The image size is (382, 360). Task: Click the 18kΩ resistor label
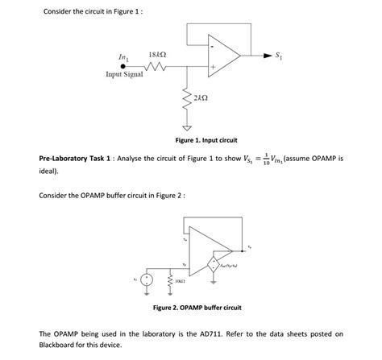click(159, 54)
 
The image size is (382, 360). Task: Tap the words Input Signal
click(124, 74)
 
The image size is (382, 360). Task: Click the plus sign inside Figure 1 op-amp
click(214, 67)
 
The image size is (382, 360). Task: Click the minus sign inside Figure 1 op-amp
click(212, 46)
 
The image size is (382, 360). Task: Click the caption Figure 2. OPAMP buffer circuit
click(197, 308)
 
